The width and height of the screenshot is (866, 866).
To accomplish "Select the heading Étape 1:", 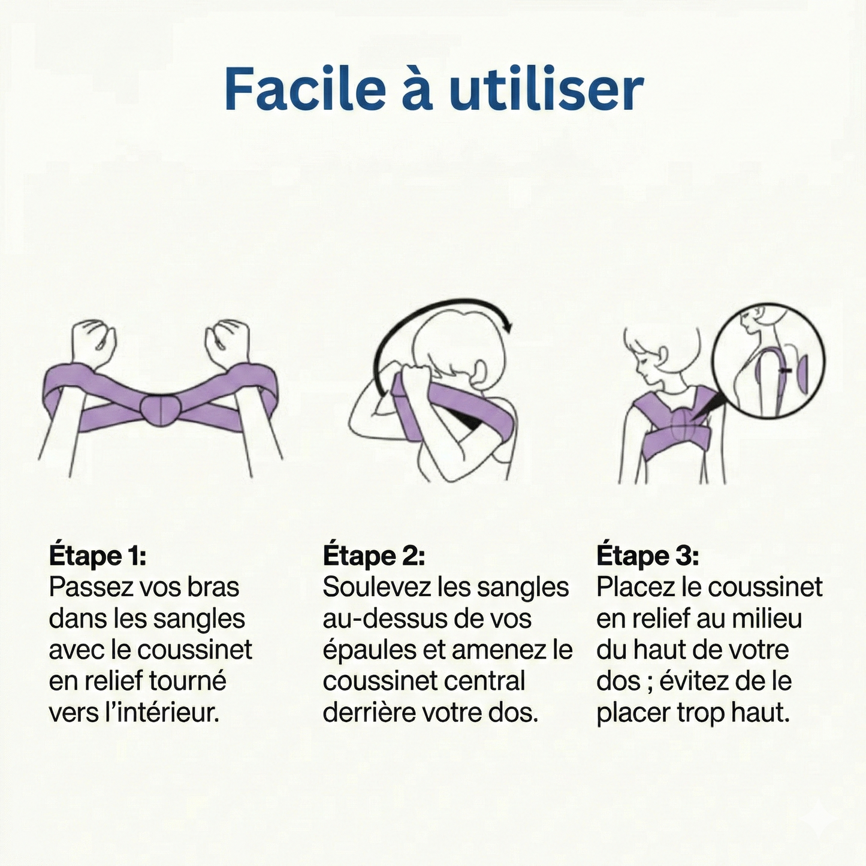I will [97, 556].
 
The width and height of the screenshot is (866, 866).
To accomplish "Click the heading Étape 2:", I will [373, 556].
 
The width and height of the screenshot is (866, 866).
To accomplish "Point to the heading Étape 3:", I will [647, 556].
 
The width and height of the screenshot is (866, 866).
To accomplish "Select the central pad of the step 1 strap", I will [160, 409].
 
